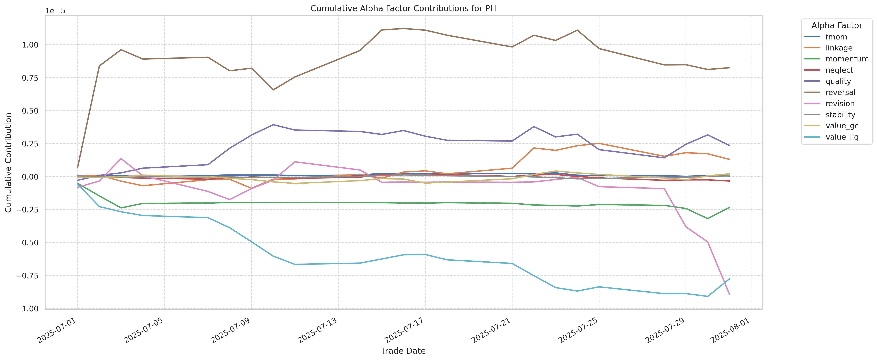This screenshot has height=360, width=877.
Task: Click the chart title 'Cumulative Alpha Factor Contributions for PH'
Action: click(403, 9)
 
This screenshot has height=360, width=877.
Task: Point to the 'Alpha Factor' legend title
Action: click(837, 26)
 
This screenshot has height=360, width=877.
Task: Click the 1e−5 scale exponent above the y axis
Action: click(55, 11)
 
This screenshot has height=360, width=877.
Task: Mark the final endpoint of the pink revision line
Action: click(729, 294)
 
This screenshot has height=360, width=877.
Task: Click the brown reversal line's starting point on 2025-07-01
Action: click(78, 167)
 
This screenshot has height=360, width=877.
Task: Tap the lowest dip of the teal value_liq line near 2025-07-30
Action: click(708, 296)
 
